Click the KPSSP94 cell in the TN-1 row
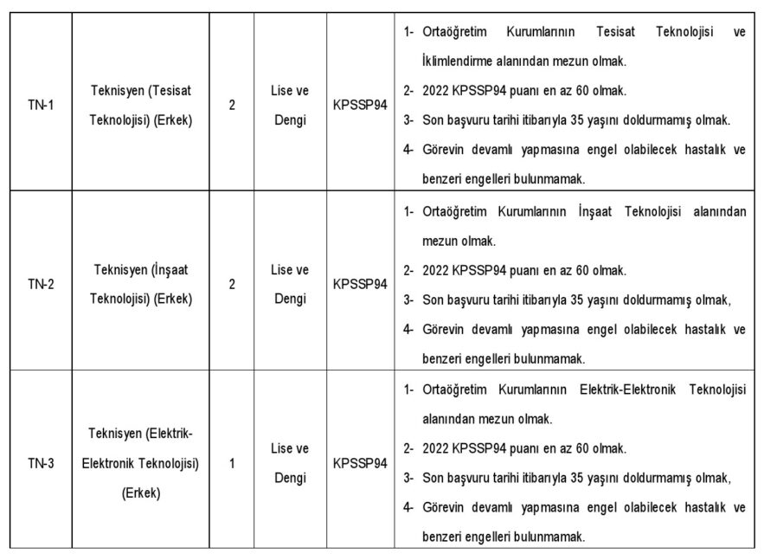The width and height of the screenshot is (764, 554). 359,106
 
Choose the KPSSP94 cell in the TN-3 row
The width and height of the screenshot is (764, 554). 359,463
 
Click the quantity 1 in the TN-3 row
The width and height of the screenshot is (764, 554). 232,463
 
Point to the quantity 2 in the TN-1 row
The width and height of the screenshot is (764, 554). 232,106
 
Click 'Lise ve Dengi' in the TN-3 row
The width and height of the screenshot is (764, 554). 290,463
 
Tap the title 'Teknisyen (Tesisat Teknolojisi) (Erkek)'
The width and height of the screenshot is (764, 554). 141,106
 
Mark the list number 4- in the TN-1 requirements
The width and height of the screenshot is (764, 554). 409,149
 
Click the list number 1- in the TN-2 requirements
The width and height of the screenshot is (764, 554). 409,211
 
